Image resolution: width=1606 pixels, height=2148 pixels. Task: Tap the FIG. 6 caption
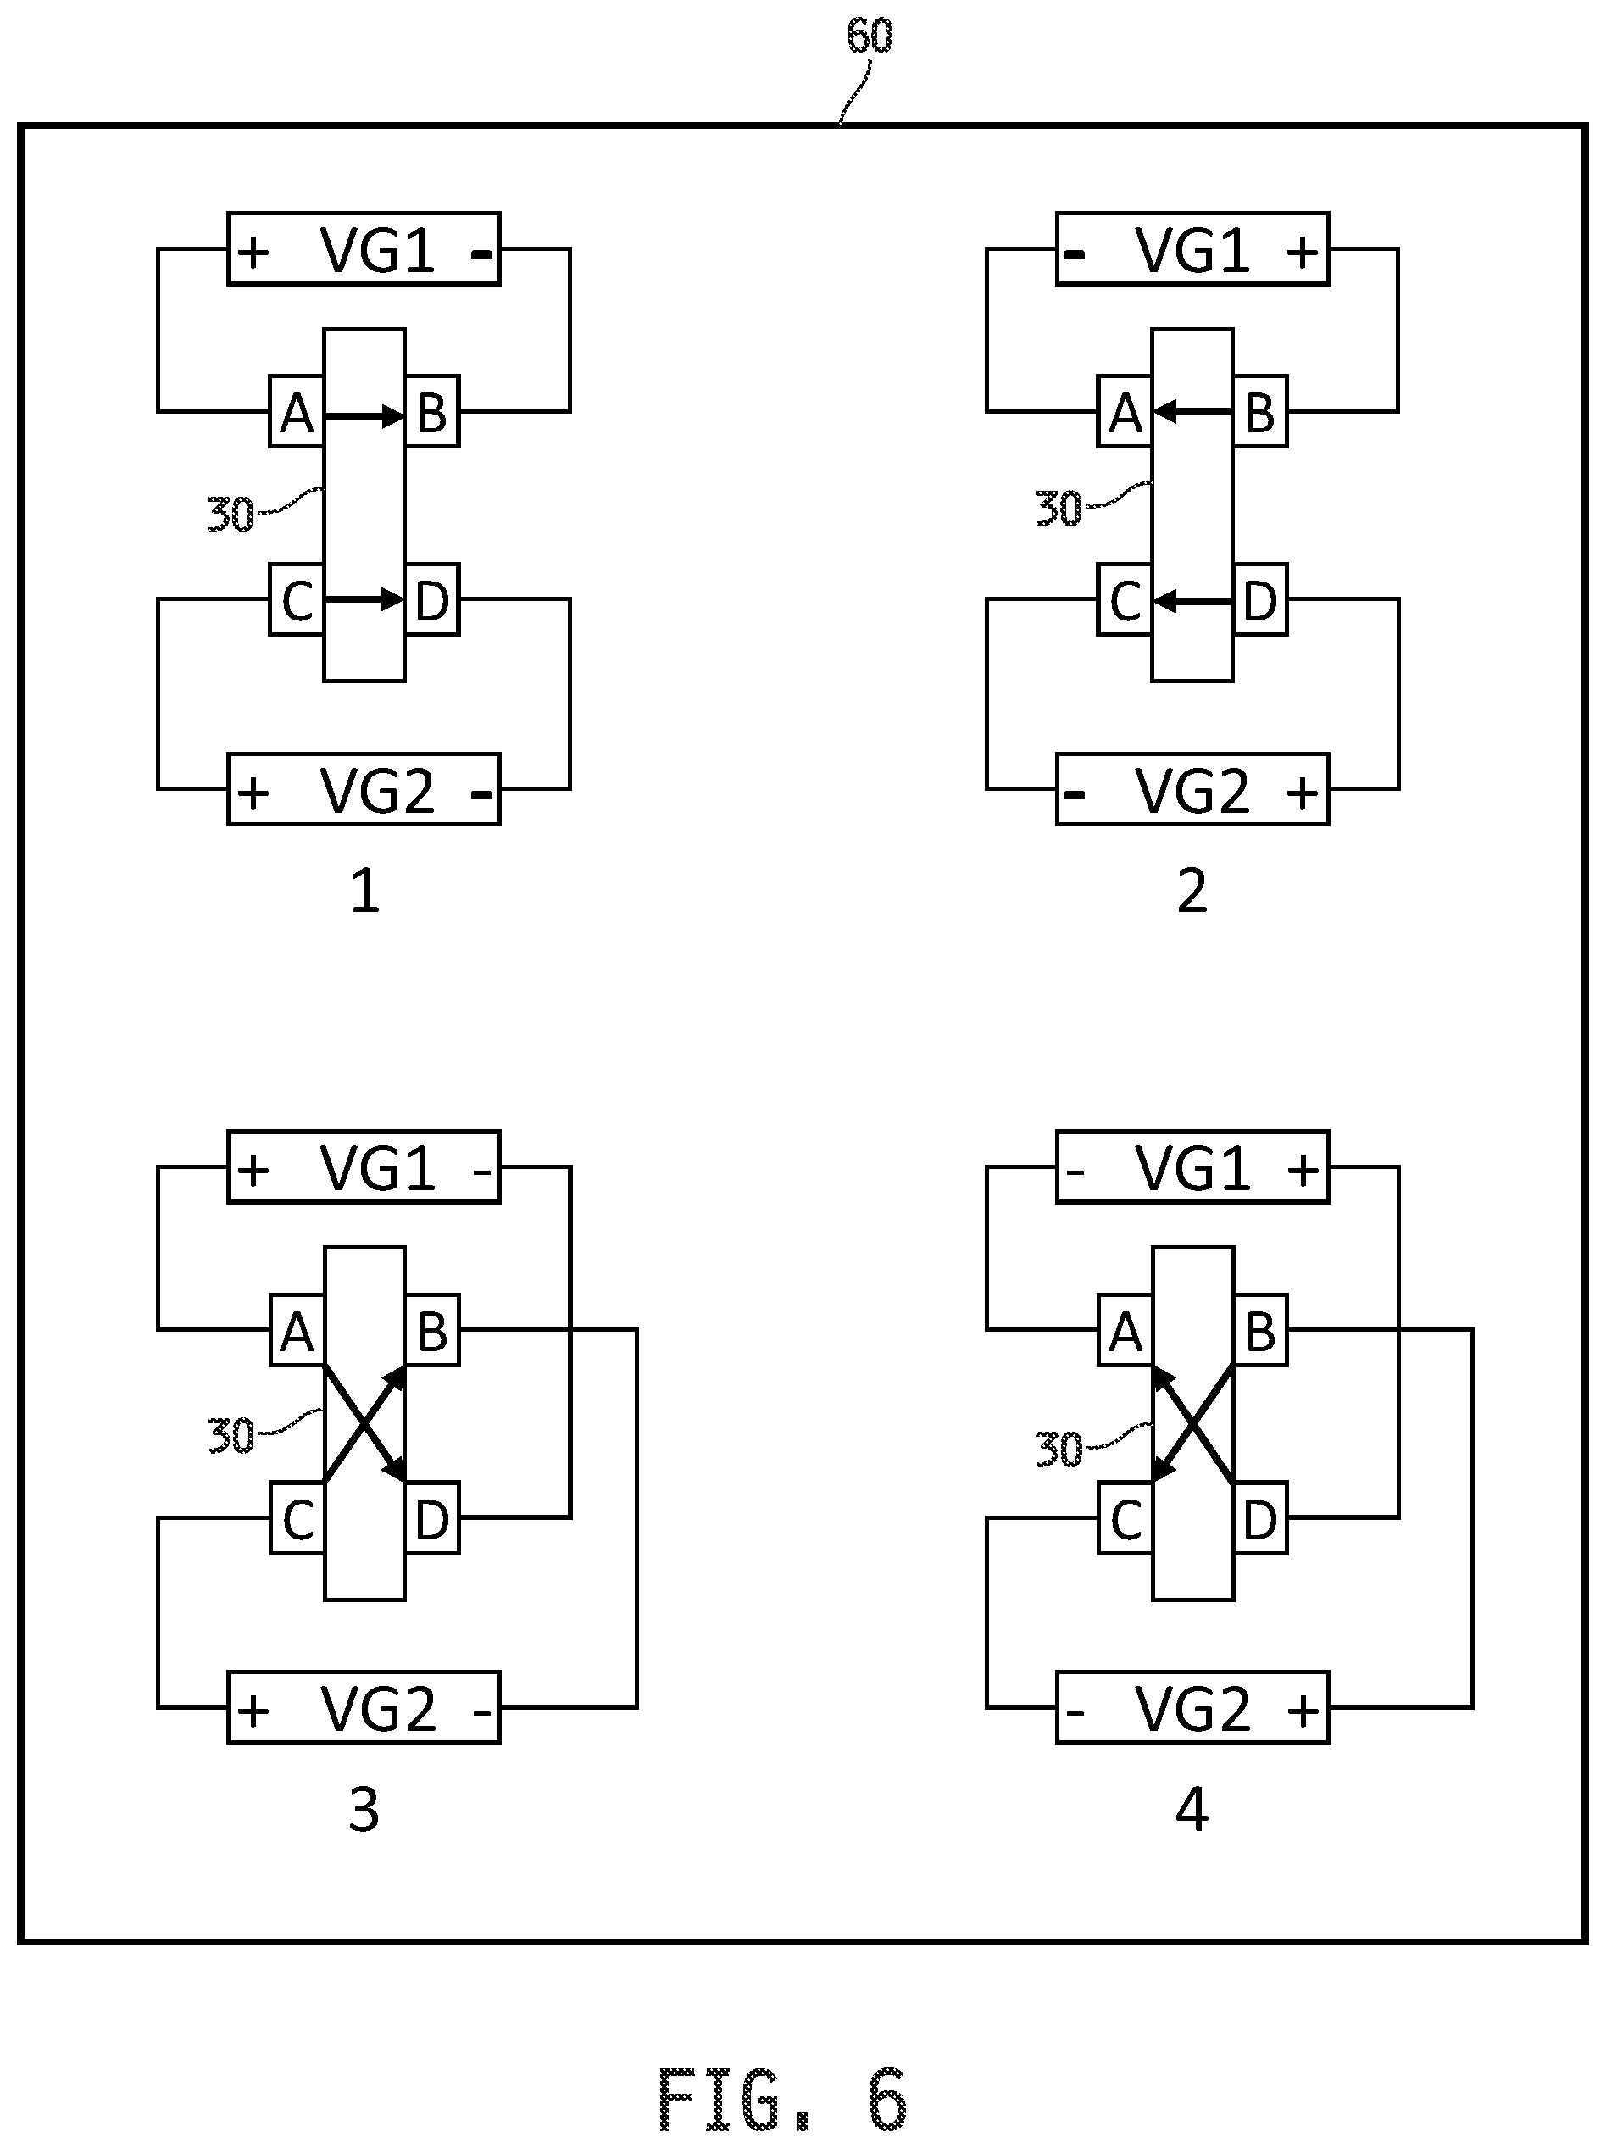click(x=781, y=2099)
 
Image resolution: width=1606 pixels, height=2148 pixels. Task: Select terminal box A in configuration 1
click(x=296, y=411)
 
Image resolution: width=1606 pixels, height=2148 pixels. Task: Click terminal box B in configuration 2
click(x=1259, y=411)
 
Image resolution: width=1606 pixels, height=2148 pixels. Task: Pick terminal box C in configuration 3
click(x=296, y=1519)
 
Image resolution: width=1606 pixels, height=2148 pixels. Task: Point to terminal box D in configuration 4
click(x=1259, y=1519)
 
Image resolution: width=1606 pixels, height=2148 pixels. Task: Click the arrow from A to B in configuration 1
click(x=364, y=416)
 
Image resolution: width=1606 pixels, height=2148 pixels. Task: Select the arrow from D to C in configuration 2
click(x=1192, y=602)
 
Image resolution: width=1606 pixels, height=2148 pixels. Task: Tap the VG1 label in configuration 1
click(x=377, y=251)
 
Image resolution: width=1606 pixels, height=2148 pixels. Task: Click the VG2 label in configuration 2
click(x=1192, y=792)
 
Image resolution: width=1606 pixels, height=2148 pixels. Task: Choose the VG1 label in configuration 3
click(x=377, y=1168)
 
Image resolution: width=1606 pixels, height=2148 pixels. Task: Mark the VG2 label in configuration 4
click(x=1192, y=1709)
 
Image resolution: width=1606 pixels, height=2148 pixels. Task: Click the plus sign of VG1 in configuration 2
click(x=1302, y=253)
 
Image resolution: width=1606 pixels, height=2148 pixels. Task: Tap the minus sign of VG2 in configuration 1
click(x=481, y=795)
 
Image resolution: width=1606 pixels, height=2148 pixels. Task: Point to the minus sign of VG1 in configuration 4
click(x=1074, y=1172)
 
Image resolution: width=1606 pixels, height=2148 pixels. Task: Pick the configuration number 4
click(x=1192, y=1809)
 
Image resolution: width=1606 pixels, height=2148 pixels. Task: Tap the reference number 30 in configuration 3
click(x=231, y=1435)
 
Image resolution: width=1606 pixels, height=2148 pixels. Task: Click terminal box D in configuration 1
click(x=432, y=600)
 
